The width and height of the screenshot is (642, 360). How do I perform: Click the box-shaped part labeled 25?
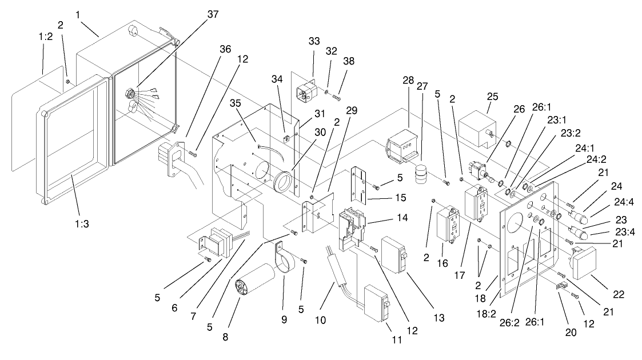(481, 126)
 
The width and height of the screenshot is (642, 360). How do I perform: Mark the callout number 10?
(320, 320)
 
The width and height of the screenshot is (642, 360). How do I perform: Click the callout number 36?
(209, 49)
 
